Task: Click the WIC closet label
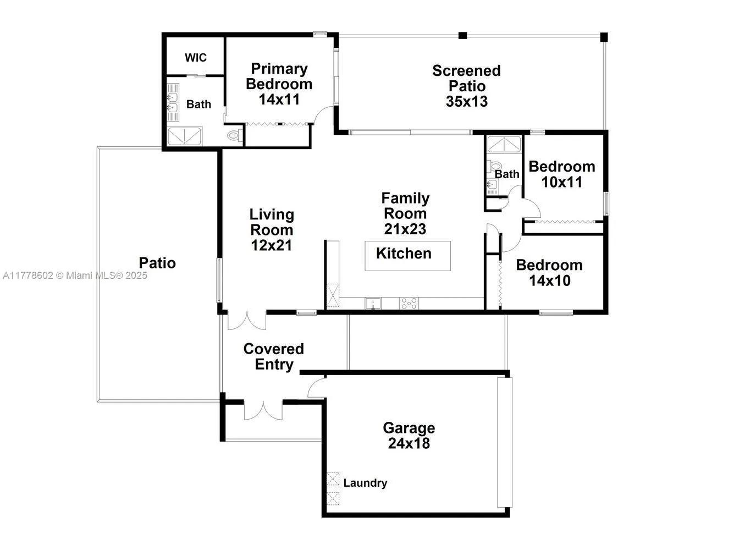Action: pyautogui.click(x=195, y=58)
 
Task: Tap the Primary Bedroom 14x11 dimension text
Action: pyautogui.click(x=279, y=100)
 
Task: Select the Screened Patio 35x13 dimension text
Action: pyautogui.click(x=466, y=102)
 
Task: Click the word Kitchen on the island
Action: pyautogui.click(x=404, y=254)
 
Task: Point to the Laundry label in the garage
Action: pyautogui.click(x=365, y=483)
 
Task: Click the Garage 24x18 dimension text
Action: pyautogui.click(x=409, y=443)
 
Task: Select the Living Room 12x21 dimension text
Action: pyautogui.click(x=271, y=245)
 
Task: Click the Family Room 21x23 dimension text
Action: pyautogui.click(x=405, y=229)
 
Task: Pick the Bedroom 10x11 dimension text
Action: pyautogui.click(x=561, y=182)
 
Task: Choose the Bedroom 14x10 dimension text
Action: pyautogui.click(x=549, y=280)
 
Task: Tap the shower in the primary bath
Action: pyautogui.click(x=184, y=136)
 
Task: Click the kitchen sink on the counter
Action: pyautogui.click(x=373, y=303)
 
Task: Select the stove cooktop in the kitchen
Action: pyautogui.click(x=409, y=303)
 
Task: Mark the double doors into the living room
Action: pyautogui.click(x=247, y=321)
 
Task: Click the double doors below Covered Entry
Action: pyautogui.click(x=263, y=410)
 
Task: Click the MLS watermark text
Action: pyautogui.click(x=75, y=276)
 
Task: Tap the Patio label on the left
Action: pyautogui.click(x=157, y=263)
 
